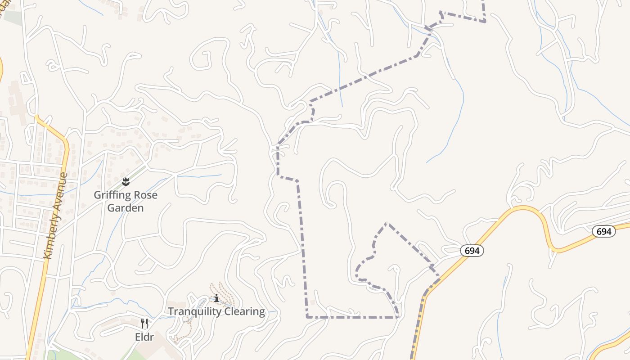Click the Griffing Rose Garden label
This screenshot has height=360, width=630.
(x=125, y=201)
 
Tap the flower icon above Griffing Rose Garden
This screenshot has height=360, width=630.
(x=126, y=182)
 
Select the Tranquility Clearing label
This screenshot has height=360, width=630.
(x=216, y=311)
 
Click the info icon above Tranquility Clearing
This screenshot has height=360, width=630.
(x=216, y=298)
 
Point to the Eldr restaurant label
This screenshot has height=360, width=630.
(x=144, y=337)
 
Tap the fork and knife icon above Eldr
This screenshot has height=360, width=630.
(x=144, y=323)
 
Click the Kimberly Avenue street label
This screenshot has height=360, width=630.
(x=55, y=216)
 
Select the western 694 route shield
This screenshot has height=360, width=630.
(x=472, y=251)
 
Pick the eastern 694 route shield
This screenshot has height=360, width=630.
(x=603, y=231)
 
